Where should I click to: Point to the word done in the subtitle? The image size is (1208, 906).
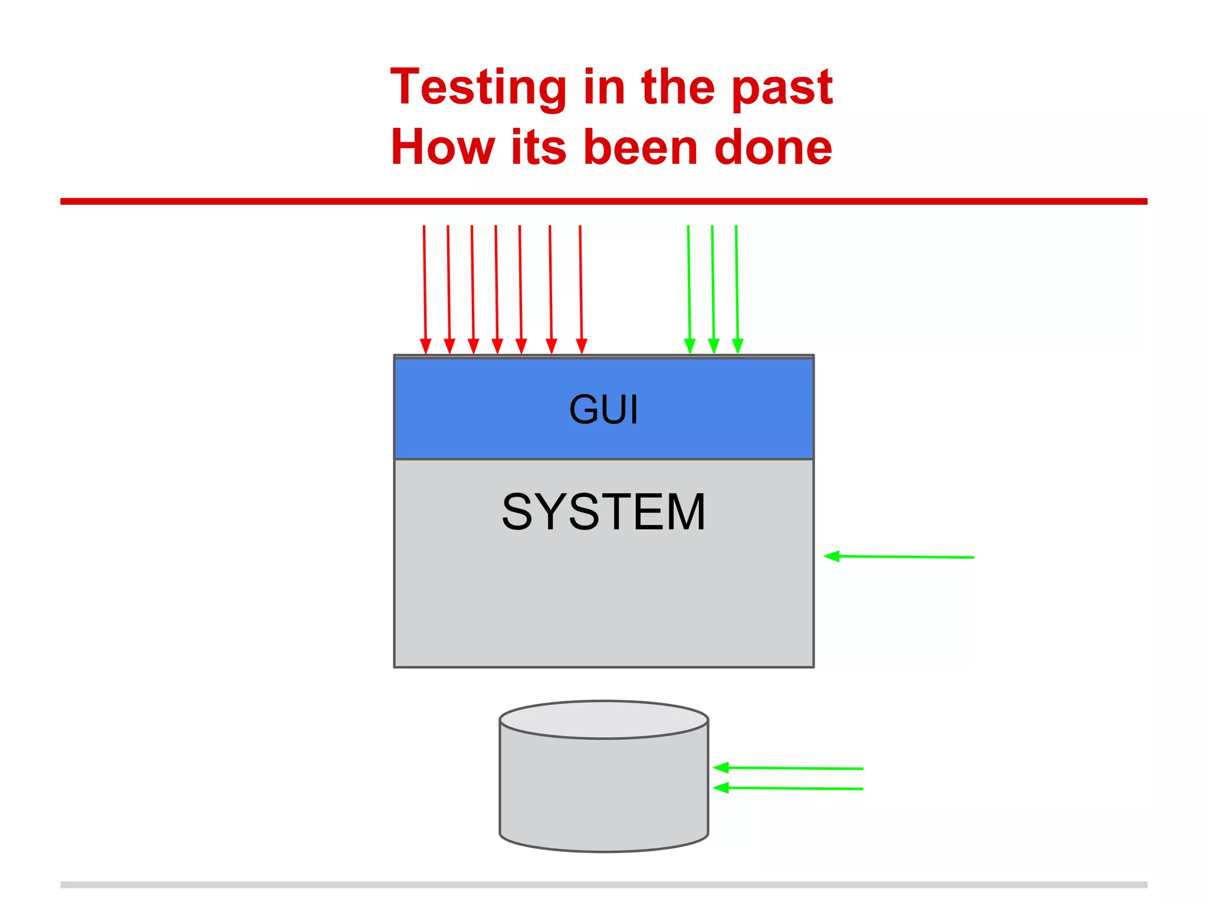(773, 147)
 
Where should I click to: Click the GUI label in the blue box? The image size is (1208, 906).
(603, 409)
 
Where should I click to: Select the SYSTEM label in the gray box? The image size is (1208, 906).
(603, 512)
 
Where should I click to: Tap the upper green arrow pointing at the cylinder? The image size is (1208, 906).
(788, 768)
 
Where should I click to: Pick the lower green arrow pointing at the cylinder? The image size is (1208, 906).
(788, 788)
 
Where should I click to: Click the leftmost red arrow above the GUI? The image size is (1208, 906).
(425, 289)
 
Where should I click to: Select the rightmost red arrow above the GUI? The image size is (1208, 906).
(581, 289)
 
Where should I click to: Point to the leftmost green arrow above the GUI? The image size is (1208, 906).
(689, 289)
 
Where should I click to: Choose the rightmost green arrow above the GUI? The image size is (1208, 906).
(737, 289)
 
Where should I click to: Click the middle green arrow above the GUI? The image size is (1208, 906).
(713, 289)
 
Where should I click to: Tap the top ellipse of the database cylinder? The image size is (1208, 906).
(603, 720)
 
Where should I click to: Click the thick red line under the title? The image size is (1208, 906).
(603, 201)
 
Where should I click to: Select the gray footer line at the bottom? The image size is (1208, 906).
(603, 885)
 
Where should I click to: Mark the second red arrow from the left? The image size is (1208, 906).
(448, 289)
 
